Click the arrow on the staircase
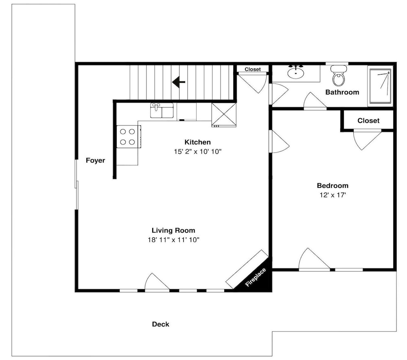coord(179,82)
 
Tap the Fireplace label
coord(256,277)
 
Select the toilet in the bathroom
coord(339,76)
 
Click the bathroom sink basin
coord(295,72)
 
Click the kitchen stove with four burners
coord(129,136)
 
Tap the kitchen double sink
coord(162,110)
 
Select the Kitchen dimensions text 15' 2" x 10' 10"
coord(197,151)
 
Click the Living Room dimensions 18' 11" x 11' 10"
coord(173,240)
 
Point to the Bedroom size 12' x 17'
coord(333,195)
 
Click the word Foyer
coord(95,160)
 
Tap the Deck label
coord(160,324)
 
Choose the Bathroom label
coord(342,92)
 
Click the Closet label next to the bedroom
coord(368,121)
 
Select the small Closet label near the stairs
coord(253,69)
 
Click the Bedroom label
coord(333,186)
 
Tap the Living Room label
coord(173,230)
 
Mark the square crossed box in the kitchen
coord(224,114)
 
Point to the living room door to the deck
coord(157,282)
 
